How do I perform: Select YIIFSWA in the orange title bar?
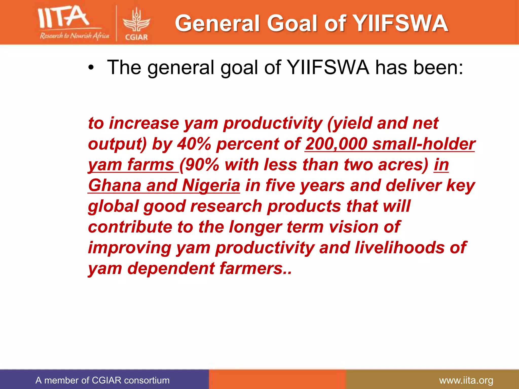click(401, 23)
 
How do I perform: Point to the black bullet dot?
click(91, 68)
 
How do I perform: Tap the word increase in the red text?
click(144, 123)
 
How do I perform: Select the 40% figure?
click(194, 144)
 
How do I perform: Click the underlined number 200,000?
click(336, 144)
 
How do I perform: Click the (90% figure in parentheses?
click(199, 165)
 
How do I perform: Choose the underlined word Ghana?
click(115, 186)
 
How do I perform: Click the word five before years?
click(280, 186)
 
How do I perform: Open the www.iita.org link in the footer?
click(466, 380)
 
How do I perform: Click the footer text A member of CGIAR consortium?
click(102, 380)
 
